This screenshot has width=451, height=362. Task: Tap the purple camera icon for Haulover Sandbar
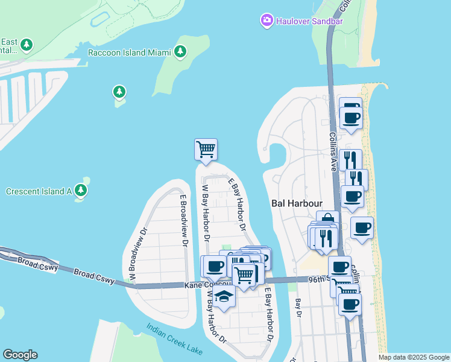tap(266, 21)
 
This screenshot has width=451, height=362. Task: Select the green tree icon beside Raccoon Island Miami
tap(180, 52)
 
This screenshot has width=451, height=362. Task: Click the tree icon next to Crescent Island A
tap(81, 191)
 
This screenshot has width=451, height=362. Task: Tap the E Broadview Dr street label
tap(181, 220)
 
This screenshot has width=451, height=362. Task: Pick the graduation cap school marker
tap(224, 296)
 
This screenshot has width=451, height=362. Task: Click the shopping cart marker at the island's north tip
tap(206, 148)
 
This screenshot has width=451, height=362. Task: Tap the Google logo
tap(20, 355)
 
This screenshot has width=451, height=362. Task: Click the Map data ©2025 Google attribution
tap(413, 357)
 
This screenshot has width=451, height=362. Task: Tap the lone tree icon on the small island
tap(119, 92)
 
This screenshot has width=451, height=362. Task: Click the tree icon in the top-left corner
tap(26, 45)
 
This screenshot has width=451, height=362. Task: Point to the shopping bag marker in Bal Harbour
tap(327, 221)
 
